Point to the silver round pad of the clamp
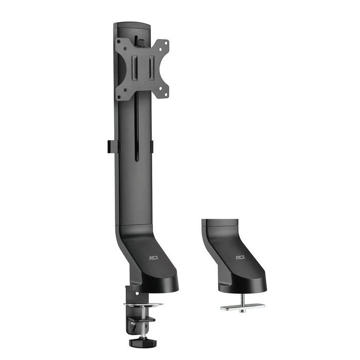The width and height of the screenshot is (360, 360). (x=142, y=304)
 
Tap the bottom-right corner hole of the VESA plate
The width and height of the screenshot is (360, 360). (x=165, y=94)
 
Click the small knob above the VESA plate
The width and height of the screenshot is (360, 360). (x=138, y=40)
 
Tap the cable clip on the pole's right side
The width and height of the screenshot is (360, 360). (x=152, y=146)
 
